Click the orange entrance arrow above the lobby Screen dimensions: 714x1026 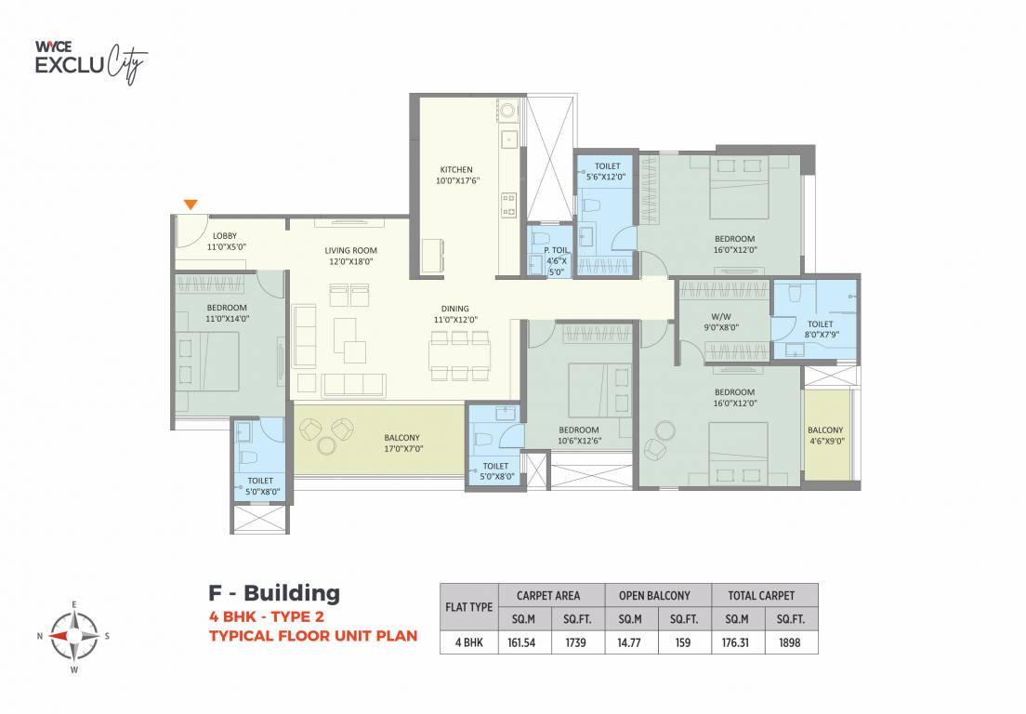click(x=191, y=205)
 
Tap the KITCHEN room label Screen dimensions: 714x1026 click(x=456, y=170)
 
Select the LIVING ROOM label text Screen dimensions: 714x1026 click(x=351, y=251)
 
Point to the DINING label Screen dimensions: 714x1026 click(x=455, y=309)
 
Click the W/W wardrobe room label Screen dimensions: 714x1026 click(x=721, y=315)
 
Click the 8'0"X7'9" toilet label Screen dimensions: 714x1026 click(x=821, y=330)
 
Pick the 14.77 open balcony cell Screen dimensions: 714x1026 click(x=630, y=642)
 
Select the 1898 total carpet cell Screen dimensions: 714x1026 click(x=792, y=642)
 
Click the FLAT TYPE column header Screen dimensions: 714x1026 click(x=468, y=606)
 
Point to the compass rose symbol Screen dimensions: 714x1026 click(x=73, y=636)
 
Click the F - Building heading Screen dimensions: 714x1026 click(x=273, y=592)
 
